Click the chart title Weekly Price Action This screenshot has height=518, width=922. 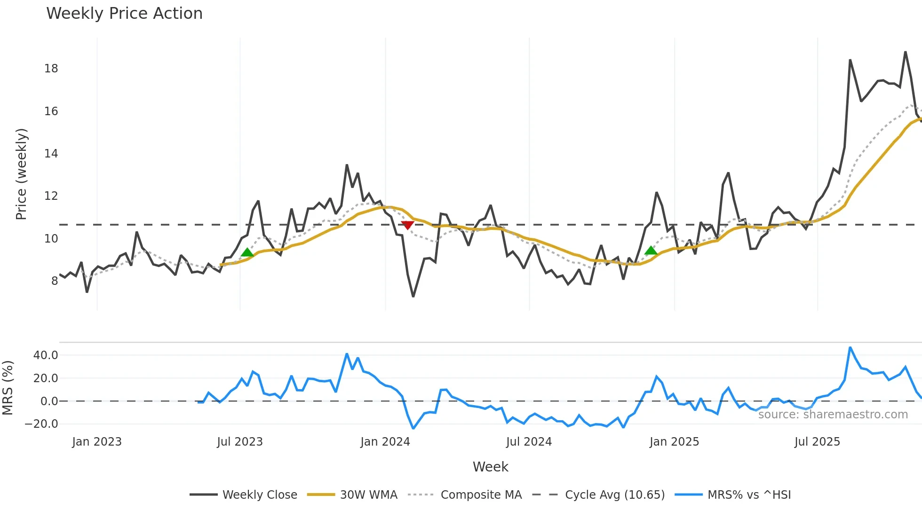[124, 14]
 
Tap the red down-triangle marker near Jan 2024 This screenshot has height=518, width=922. [407, 225]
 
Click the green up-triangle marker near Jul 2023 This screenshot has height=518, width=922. [247, 253]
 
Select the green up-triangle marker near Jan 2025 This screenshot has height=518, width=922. [651, 251]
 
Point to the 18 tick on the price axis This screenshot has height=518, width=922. [51, 69]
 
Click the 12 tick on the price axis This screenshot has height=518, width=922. [51, 196]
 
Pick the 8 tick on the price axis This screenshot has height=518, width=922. [54, 281]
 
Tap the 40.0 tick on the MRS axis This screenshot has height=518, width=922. [46, 355]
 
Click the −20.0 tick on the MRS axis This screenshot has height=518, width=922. [41, 424]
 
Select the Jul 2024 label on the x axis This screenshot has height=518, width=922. [529, 442]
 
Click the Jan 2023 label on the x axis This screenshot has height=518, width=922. [97, 442]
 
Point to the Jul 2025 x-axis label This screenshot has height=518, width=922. [817, 442]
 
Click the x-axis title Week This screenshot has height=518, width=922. [490, 467]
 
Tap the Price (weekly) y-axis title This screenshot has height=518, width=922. [21, 174]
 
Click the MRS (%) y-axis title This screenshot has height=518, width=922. [8, 388]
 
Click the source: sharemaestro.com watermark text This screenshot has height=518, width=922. [833, 415]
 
